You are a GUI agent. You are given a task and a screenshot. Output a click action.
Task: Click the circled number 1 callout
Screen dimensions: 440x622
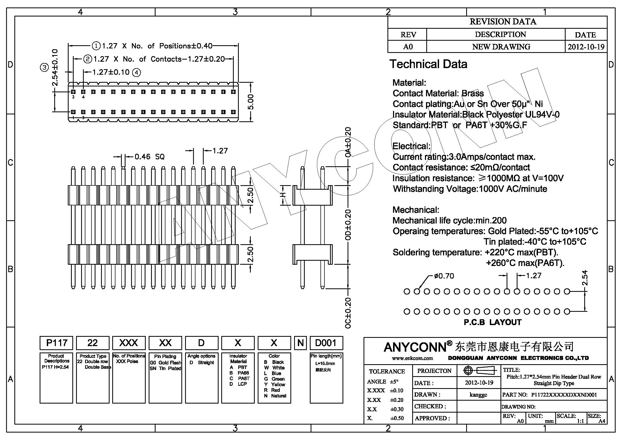click(x=96, y=46)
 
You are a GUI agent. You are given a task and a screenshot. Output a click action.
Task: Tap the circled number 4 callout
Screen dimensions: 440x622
click(x=137, y=72)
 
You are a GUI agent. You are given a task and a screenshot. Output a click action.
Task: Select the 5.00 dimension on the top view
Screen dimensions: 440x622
click(x=251, y=102)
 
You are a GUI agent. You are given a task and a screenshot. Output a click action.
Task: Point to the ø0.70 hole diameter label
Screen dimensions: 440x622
click(x=444, y=276)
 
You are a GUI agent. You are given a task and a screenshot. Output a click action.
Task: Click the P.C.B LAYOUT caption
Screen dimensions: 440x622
click(x=492, y=322)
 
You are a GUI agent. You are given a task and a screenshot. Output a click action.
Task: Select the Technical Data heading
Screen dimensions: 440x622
click(x=428, y=64)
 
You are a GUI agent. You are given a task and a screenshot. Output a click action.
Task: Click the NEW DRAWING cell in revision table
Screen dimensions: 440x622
click(x=501, y=47)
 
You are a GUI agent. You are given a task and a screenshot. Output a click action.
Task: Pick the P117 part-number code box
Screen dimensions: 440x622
click(x=56, y=343)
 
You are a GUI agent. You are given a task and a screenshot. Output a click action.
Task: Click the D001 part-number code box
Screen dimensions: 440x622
click(x=326, y=343)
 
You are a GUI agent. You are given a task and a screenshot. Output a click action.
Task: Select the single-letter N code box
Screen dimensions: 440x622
click(x=300, y=343)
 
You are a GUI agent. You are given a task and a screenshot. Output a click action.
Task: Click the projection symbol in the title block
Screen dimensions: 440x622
click(x=479, y=370)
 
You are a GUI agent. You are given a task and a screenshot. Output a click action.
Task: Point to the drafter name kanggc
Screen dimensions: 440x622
click(x=478, y=395)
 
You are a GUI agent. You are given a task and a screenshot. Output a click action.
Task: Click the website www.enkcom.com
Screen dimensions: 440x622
click(x=412, y=358)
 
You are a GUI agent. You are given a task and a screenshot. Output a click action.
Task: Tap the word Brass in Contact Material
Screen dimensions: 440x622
click(x=473, y=93)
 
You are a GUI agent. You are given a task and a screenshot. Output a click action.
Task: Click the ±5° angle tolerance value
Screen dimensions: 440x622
click(x=394, y=381)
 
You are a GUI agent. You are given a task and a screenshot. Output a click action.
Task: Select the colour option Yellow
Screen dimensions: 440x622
click(x=278, y=384)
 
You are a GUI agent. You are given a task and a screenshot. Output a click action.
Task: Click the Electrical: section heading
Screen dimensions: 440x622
click(x=411, y=146)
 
